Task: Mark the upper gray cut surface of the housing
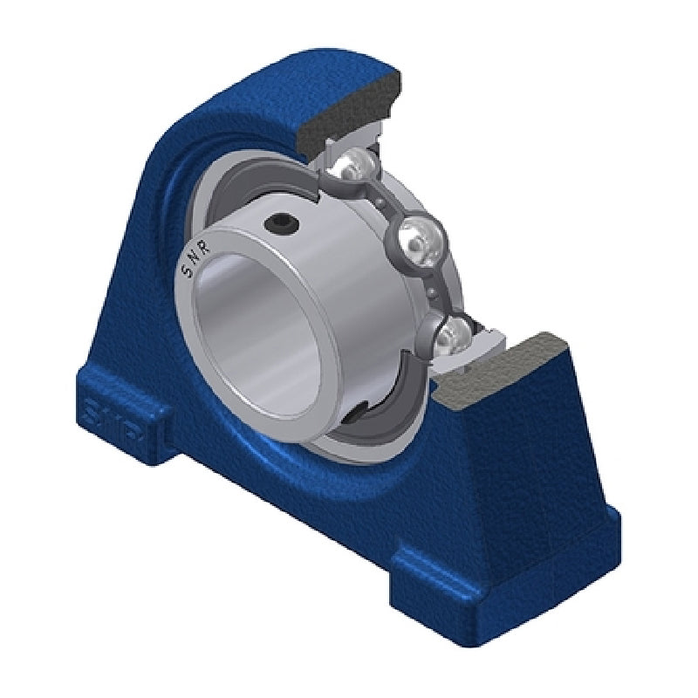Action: (x=349, y=113)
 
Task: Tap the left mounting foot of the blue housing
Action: (x=113, y=419)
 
